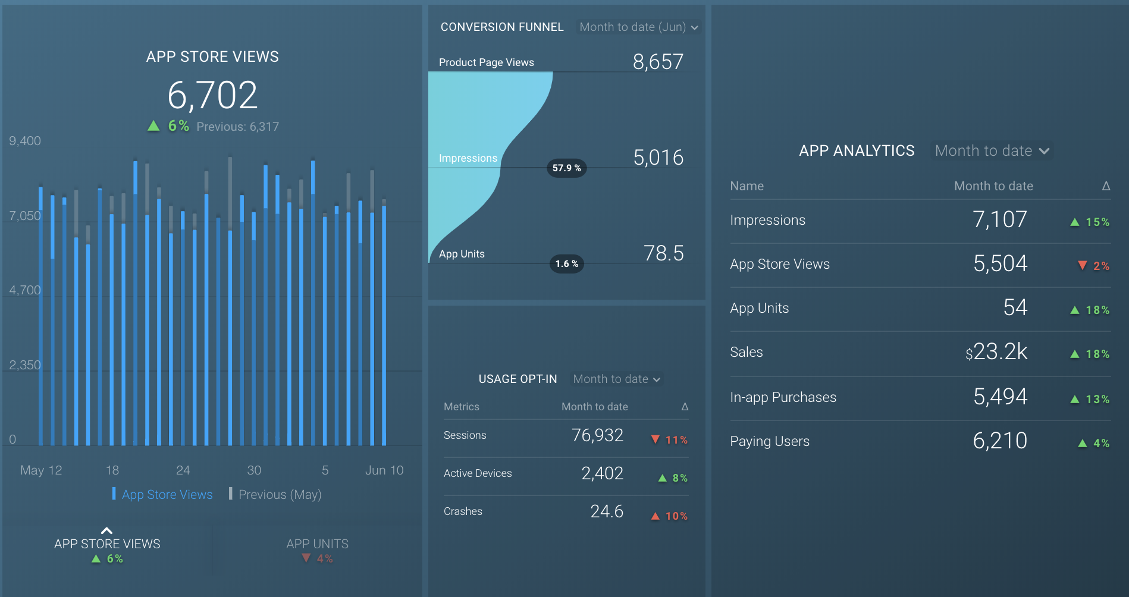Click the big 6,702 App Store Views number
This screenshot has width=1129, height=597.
[x=212, y=96]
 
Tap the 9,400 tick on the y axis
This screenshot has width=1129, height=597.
[x=25, y=141]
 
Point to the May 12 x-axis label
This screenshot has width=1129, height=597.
[x=41, y=470]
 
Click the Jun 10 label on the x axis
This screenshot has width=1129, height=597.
[x=384, y=470]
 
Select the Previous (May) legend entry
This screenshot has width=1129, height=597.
[x=279, y=495]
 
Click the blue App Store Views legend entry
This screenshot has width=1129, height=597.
[x=167, y=495]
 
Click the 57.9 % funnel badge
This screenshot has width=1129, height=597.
[x=566, y=168]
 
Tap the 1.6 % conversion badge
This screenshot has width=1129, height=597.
[x=566, y=264]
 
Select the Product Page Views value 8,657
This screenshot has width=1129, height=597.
[x=658, y=62]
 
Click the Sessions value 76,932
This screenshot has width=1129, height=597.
[x=597, y=435]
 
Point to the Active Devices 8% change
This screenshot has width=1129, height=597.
[x=673, y=478]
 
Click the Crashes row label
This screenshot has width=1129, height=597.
[x=463, y=511]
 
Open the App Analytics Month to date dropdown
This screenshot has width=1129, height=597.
[x=992, y=151]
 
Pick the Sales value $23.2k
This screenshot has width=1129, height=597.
[x=996, y=352]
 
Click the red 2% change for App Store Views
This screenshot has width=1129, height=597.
[x=1094, y=266]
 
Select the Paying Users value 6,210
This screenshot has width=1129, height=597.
[x=1000, y=441]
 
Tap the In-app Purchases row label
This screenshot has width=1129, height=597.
[x=783, y=397]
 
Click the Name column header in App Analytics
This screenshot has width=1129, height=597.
[x=747, y=186]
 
